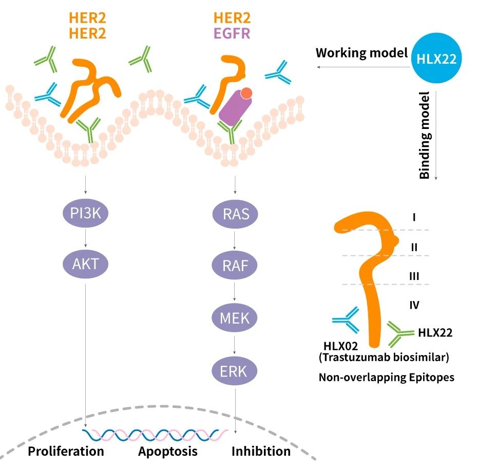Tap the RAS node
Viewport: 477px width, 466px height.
(x=236, y=213)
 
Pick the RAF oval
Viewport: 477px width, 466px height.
(x=236, y=266)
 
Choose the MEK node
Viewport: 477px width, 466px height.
(x=236, y=318)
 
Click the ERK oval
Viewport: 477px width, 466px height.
(x=236, y=370)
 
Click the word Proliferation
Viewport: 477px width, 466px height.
(x=66, y=452)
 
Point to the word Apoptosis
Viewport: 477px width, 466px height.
(x=167, y=452)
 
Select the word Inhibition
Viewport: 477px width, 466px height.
(x=261, y=452)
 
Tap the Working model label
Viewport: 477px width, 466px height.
(x=361, y=53)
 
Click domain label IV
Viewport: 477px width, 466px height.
(x=414, y=305)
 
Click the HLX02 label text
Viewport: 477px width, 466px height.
(x=341, y=346)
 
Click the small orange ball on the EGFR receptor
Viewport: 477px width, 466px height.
(x=246, y=93)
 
